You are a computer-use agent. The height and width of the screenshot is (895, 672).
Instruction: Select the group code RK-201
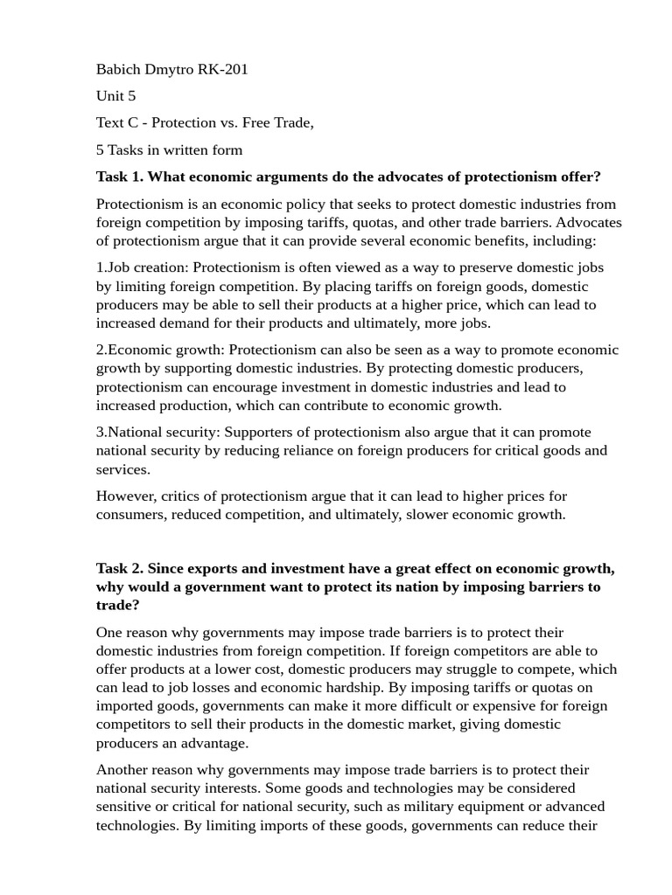point(223,69)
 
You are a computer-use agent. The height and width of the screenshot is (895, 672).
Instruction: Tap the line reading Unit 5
point(115,96)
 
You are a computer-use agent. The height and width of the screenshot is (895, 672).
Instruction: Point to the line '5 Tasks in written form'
point(169,149)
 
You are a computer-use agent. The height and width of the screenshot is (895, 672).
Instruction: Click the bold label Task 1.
point(118,177)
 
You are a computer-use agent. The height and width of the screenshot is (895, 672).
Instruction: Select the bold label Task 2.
point(118,568)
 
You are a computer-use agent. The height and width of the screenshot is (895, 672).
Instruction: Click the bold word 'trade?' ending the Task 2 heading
point(117,605)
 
